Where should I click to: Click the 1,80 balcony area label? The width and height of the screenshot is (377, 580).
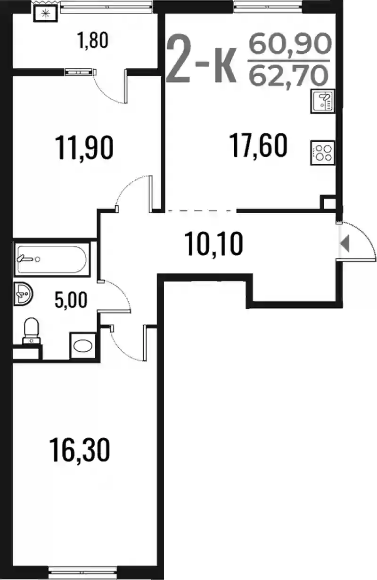point(92,41)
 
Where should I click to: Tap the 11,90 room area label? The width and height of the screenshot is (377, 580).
point(84,148)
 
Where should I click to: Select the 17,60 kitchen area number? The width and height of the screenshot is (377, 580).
point(259,145)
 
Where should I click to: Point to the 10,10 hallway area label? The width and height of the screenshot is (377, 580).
point(214,244)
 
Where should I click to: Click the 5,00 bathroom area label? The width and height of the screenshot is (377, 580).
point(71,300)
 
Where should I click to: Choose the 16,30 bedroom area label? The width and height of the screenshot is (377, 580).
point(80,450)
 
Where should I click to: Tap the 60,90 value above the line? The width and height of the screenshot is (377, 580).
point(290,43)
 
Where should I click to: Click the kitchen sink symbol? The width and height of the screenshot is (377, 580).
point(323,101)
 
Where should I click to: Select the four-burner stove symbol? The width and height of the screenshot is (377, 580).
point(323,153)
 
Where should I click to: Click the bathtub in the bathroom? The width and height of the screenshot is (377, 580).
point(52,259)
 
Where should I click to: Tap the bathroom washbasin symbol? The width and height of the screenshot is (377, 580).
point(23,294)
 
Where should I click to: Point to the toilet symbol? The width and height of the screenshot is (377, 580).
point(32,331)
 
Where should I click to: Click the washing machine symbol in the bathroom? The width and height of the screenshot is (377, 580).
point(82,346)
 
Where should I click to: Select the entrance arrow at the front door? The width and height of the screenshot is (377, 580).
point(345,244)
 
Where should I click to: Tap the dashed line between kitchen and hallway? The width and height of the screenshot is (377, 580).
point(199,211)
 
